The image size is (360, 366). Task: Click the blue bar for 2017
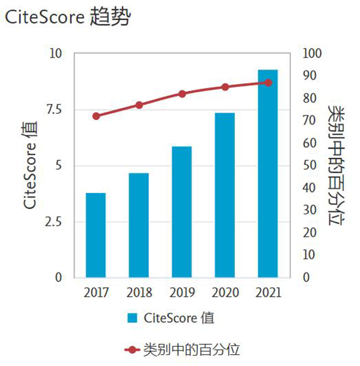(x=96, y=235)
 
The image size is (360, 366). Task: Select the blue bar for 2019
(x=182, y=212)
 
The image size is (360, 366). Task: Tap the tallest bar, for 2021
(x=268, y=173)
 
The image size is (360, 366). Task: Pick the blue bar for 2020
(x=224, y=195)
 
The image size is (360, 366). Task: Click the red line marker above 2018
(x=139, y=105)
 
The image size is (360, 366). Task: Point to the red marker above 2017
(x=96, y=116)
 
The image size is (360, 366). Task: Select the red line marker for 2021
(x=268, y=83)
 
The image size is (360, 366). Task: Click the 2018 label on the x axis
(x=139, y=293)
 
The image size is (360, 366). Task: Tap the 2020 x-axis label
(x=225, y=293)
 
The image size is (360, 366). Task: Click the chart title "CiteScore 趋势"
(x=67, y=17)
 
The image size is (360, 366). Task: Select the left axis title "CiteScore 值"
(x=31, y=164)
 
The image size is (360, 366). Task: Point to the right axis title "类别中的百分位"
(x=335, y=164)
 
